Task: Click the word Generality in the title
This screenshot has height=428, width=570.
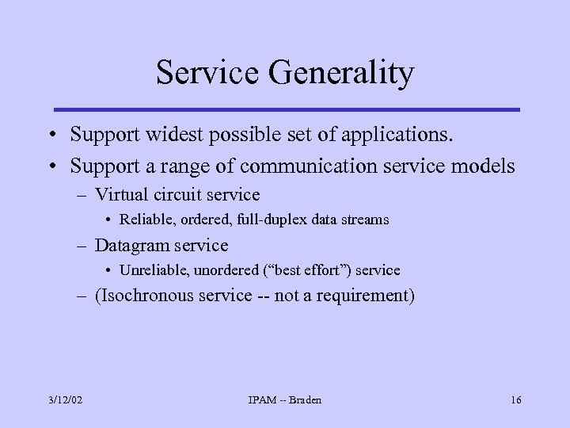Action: click(340, 73)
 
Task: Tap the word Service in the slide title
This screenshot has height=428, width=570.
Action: click(207, 73)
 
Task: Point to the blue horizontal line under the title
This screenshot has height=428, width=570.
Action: click(286, 109)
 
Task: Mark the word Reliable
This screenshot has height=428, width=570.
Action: click(145, 220)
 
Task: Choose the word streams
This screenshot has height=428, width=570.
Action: click(364, 220)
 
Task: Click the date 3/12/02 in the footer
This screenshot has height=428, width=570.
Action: click(65, 400)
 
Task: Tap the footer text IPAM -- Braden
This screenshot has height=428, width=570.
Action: click(285, 400)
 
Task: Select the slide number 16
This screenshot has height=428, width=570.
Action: click(515, 400)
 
